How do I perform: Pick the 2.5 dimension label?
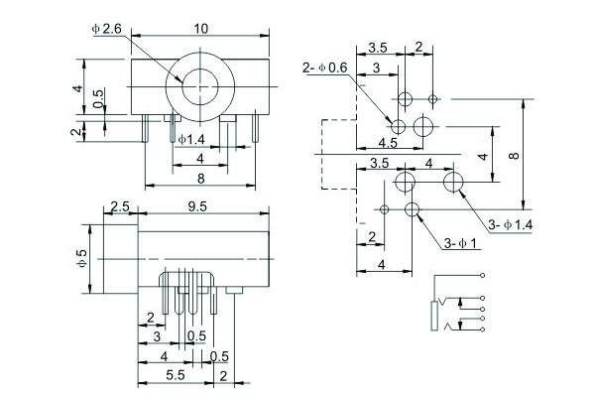coord(119,206)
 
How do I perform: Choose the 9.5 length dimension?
coord(196,206)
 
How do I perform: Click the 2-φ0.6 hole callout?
coord(323,67)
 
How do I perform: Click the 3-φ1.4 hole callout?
coord(512,226)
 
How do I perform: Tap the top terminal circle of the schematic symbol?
coord(482,274)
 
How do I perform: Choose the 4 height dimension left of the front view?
coord(76,88)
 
